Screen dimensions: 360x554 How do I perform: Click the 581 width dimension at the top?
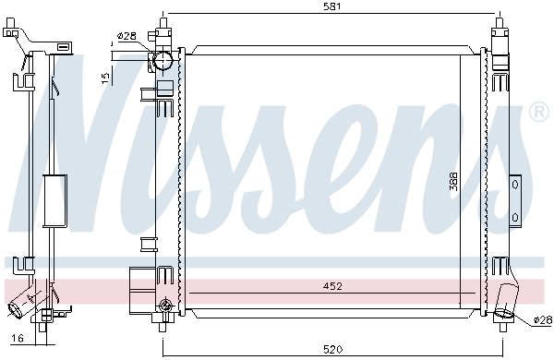pyautogui.click(x=333, y=6)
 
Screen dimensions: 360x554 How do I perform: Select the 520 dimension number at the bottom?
pyautogui.click(x=333, y=350)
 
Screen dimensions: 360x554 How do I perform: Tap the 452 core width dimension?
pyautogui.click(x=333, y=286)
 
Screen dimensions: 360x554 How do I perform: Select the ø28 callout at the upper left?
pyautogui.click(x=126, y=36)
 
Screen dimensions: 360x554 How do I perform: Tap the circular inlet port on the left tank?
pyautogui.click(x=163, y=63)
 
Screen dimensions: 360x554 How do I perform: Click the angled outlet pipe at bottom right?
pyautogui.click(x=506, y=304)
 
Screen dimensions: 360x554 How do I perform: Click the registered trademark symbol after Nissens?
pyautogui.click(x=538, y=113)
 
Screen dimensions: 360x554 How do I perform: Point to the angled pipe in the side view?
pyautogui.click(x=25, y=304)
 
